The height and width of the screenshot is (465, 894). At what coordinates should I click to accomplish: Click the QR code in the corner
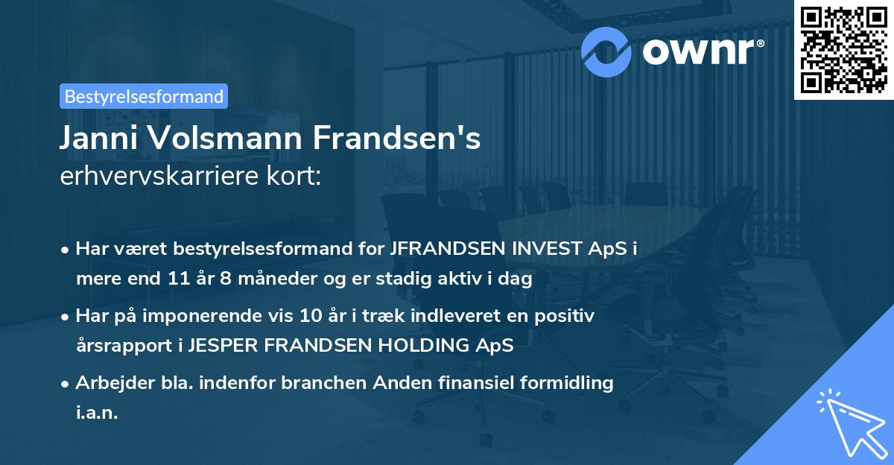pyautogui.click(x=844, y=49)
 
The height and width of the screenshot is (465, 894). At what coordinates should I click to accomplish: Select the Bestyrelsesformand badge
pyautogui.click(x=144, y=95)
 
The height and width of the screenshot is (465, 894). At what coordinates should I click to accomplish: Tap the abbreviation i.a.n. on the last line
pyautogui.click(x=97, y=414)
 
